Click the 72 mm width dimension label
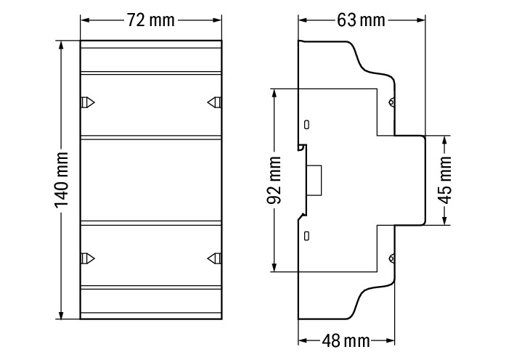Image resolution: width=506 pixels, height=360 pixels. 150,20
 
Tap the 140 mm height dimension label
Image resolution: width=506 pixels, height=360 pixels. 61,180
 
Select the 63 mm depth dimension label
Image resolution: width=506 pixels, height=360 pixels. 361,20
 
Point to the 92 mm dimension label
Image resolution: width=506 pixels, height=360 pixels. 274,180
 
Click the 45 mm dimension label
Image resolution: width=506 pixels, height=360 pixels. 446,180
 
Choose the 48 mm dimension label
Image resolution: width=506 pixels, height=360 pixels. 346,340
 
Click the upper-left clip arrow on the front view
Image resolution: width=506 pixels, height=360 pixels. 87,102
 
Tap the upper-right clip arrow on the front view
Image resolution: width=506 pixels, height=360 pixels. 214,102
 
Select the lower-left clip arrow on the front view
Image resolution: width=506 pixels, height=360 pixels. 87,258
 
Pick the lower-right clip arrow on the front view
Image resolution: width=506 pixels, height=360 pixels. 214,258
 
